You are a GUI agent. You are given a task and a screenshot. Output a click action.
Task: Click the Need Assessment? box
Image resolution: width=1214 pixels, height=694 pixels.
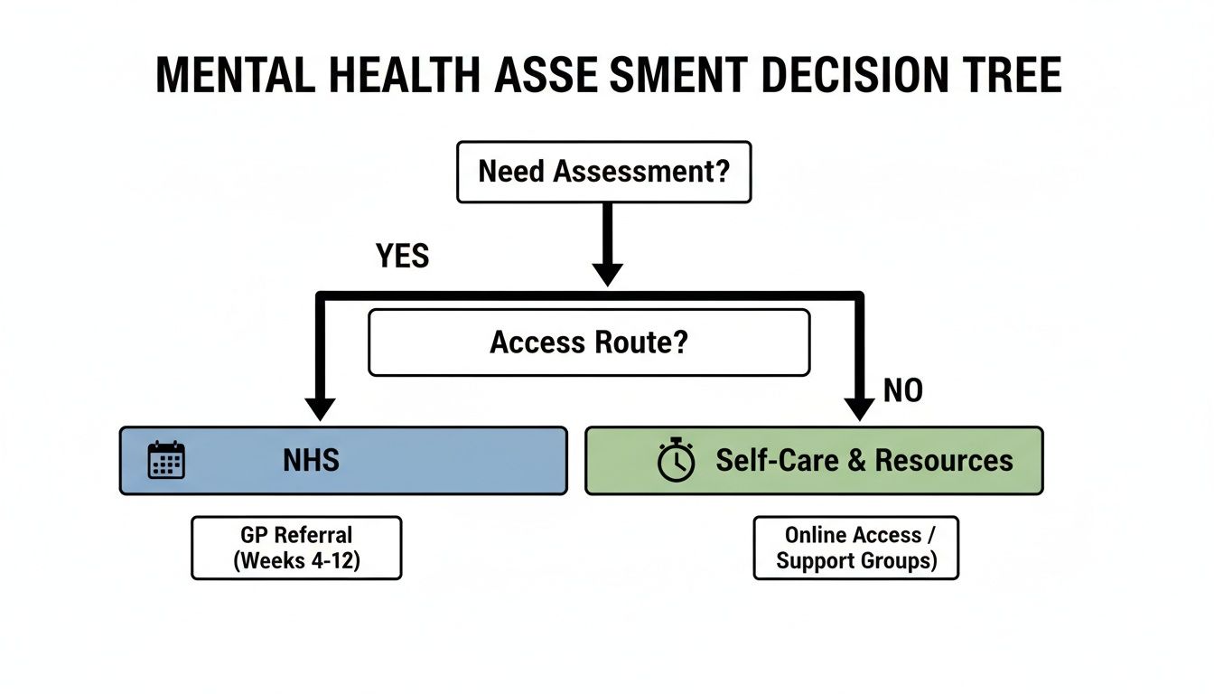(603, 172)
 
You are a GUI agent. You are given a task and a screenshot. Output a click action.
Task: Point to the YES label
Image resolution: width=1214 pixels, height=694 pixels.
(402, 257)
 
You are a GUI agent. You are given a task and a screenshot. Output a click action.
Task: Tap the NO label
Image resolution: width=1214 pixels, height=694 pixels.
(903, 391)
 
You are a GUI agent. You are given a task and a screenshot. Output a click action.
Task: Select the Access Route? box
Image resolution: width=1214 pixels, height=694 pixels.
(589, 342)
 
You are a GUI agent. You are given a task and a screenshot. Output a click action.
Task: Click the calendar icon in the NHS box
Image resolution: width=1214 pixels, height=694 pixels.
(166, 460)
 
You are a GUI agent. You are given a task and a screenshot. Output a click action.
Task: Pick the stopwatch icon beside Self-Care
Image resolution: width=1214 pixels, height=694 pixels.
(676, 461)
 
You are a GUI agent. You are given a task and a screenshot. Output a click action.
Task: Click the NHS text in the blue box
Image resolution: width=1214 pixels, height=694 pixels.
(311, 460)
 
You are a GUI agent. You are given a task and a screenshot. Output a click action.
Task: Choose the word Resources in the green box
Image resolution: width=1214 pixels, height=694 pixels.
(944, 460)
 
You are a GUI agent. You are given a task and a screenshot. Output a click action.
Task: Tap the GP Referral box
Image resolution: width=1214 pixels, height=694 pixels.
(296, 548)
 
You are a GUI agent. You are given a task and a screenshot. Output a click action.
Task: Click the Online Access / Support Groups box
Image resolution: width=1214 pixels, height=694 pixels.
(855, 548)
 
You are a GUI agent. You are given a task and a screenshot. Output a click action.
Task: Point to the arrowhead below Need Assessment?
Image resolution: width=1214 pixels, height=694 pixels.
(607, 274)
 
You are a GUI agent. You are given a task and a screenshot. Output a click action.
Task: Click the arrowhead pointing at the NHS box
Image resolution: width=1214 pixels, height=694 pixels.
(320, 409)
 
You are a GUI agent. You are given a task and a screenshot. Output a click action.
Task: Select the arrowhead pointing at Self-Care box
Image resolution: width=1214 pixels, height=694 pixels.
(858, 409)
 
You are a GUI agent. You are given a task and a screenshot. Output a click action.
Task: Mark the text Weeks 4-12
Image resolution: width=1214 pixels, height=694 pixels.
(298, 560)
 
